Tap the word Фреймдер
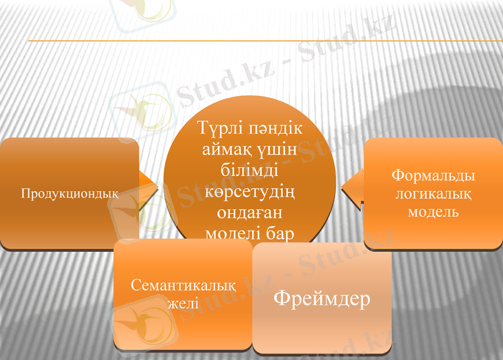click(x=322, y=298)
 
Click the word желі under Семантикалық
click(x=183, y=303)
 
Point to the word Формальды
click(x=433, y=176)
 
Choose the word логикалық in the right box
click(x=433, y=194)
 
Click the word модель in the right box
click(x=433, y=212)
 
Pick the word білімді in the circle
click(x=250, y=170)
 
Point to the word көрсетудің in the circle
click(x=250, y=191)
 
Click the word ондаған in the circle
click(x=250, y=212)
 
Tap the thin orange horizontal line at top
click(x=251, y=41)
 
